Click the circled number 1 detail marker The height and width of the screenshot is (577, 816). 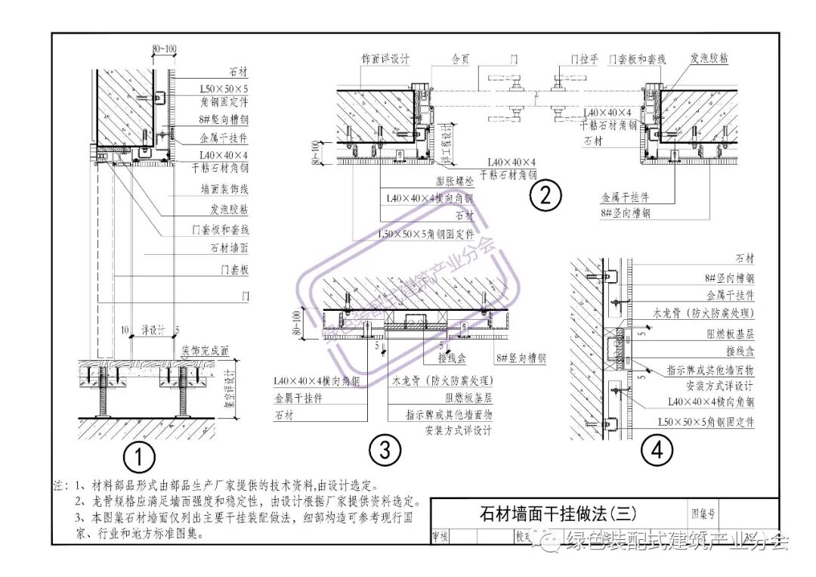pos(140,458)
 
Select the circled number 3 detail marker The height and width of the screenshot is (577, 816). pos(385,451)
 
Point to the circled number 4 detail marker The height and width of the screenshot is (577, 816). pos(656,451)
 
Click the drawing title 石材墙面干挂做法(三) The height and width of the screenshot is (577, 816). pos(558,514)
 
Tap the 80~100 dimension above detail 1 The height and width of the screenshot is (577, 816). pos(165,49)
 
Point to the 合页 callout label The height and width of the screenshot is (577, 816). pos(461,58)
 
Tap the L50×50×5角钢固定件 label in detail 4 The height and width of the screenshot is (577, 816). pos(706,422)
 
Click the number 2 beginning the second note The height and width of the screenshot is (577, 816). pos(79,501)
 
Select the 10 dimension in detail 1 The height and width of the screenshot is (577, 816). pos(123,330)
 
